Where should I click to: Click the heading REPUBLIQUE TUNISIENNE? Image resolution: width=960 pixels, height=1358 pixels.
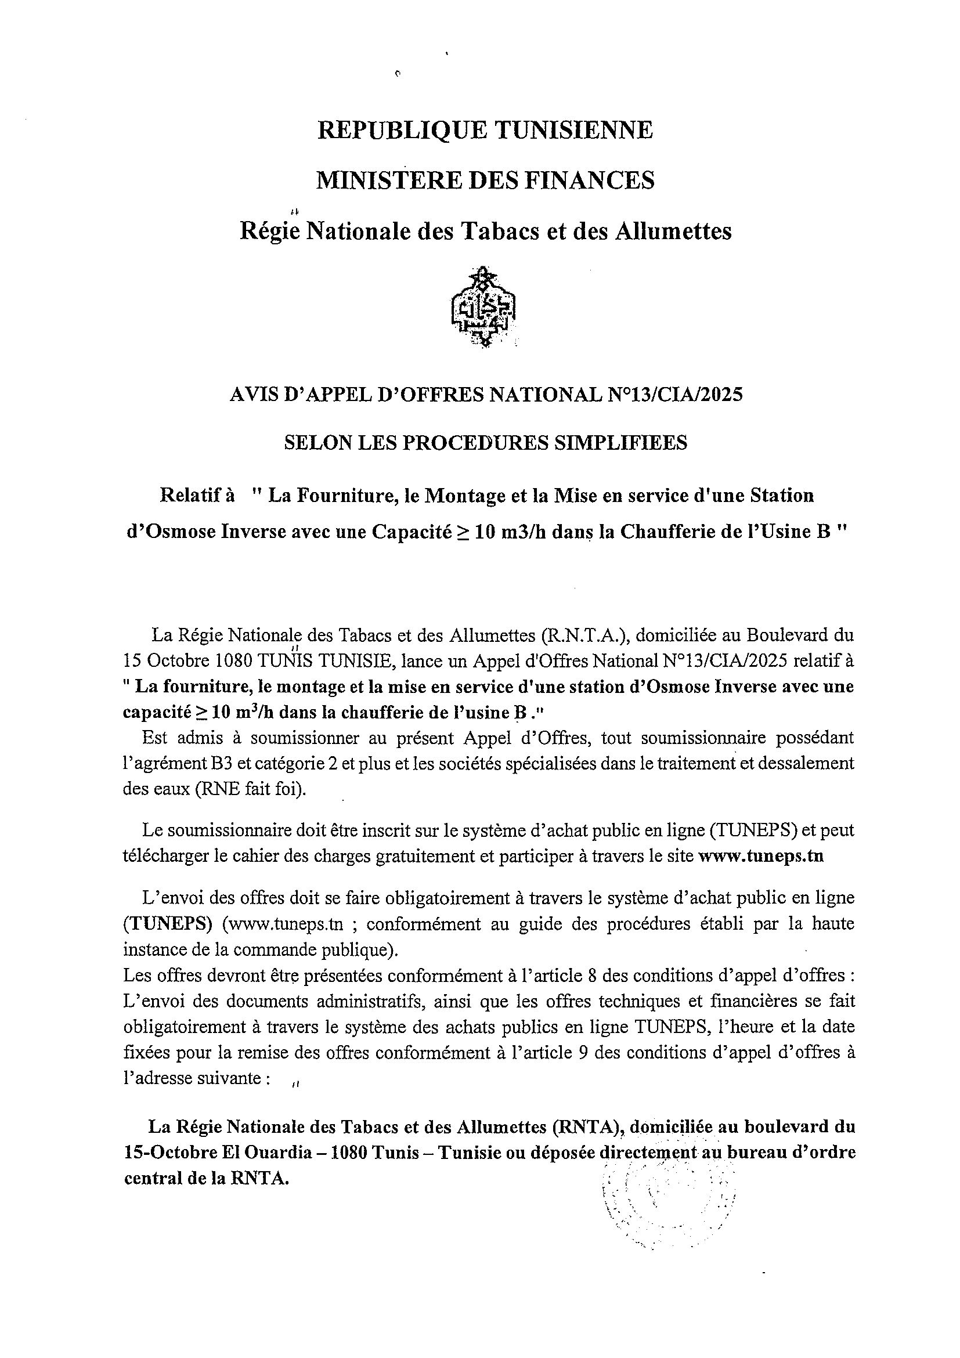tap(485, 130)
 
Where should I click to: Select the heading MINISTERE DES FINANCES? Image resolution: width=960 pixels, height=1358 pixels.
tap(485, 180)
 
